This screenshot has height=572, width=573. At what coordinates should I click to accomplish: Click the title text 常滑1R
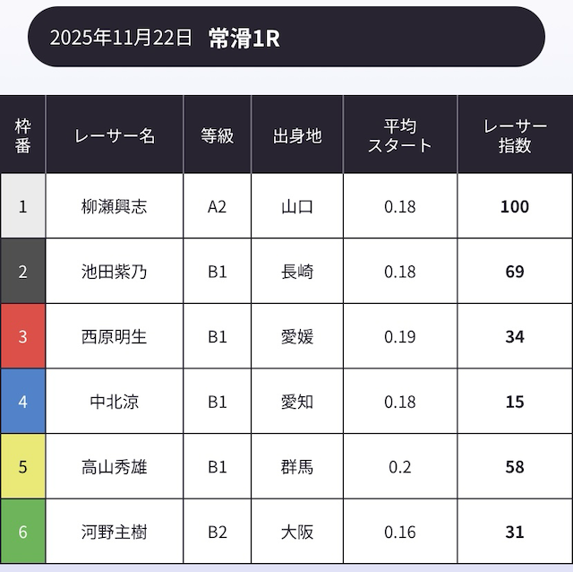tap(244, 38)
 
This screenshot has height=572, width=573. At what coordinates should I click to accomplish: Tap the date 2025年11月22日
tap(121, 38)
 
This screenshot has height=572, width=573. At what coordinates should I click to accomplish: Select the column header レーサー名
tap(115, 135)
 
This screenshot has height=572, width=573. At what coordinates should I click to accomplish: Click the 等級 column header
tap(218, 135)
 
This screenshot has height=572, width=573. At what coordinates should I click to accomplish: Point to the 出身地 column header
tap(297, 135)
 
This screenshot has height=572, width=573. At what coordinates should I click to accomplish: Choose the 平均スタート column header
tap(400, 135)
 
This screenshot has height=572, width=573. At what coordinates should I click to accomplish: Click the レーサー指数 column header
tap(515, 135)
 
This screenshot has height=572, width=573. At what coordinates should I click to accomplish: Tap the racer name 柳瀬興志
tap(115, 206)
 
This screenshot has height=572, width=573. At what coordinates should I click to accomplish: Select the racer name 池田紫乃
tap(115, 272)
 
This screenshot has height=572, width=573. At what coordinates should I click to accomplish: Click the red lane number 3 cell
tap(23, 337)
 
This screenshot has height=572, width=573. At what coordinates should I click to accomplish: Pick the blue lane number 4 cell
tap(23, 402)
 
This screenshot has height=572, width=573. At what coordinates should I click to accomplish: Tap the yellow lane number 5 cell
tap(23, 467)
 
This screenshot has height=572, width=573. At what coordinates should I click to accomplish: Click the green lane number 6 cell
tap(23, 532)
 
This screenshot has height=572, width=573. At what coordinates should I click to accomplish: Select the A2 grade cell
tap(218, 206)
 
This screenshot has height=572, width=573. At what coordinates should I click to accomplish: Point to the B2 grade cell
tap(218, 532)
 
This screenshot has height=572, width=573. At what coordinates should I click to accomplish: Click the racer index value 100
tap(515, 206)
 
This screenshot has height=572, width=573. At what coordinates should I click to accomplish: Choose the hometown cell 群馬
tap(297, 467)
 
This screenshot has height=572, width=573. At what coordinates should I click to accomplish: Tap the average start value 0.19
tap(400, 337)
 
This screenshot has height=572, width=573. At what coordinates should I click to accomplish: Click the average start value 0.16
tap(400, 532)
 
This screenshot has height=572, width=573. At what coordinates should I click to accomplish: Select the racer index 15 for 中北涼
tap(515, 402)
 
